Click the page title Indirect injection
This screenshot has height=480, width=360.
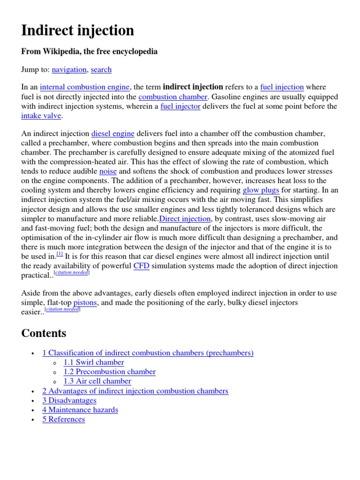point(78,31)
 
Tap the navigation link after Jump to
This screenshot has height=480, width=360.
point(69,69)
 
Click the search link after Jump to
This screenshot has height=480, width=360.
point(101,69)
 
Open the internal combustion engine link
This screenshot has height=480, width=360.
point(85,87)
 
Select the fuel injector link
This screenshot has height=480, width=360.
point(180,106)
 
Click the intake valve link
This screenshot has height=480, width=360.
point(41,116)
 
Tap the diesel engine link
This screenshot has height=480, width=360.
point(112,134)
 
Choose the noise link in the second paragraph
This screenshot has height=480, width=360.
point(108,172)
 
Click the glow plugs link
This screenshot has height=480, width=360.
point(261,190)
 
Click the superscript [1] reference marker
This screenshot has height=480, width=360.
point(60,254)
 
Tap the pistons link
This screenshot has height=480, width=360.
point(85,303)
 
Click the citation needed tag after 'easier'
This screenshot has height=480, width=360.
point(62,310)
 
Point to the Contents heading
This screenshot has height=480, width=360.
point(44,333)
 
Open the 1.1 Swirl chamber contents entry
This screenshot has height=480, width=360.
point(94,362)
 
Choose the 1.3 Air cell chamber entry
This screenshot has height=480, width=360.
point(97,381)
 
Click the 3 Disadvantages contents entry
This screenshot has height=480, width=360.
point(69,400)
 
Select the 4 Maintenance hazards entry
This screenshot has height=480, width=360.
point(80,410)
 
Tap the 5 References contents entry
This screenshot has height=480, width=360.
point(64,419)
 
